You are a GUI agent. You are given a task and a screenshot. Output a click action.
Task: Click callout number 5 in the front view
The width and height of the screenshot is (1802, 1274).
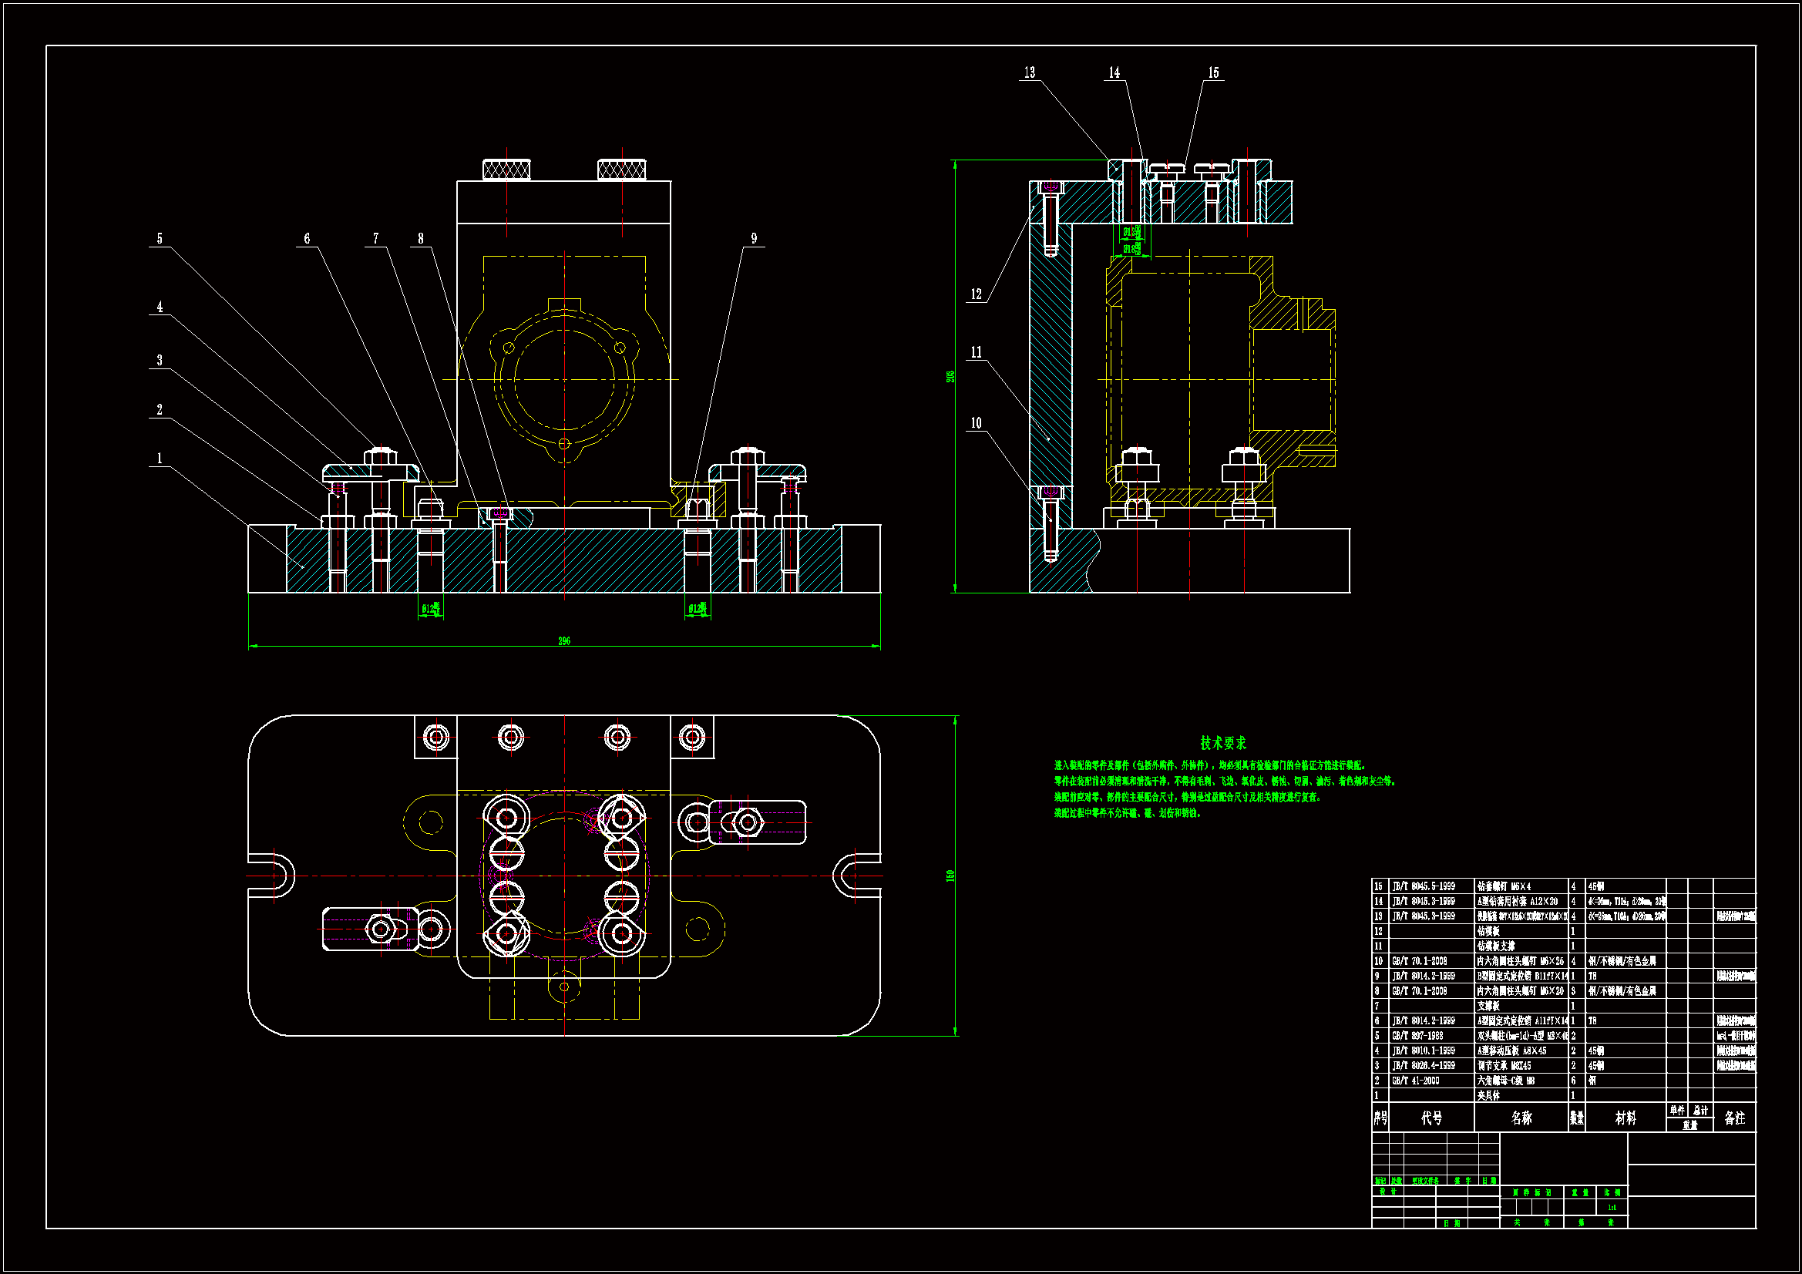tap(160, 239)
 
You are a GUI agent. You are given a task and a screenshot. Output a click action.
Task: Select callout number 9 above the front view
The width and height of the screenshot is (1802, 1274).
tap(754, 239)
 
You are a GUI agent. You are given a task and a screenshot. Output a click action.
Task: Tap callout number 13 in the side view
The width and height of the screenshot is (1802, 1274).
tap(1029, 73)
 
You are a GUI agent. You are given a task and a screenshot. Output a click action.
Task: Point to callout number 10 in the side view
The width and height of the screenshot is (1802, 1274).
tap(976, 423)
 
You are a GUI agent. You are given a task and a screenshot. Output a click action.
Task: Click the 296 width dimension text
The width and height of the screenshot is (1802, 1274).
tap(563, 641)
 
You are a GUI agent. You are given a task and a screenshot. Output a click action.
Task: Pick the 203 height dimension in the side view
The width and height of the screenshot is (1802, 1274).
tap(950, 377)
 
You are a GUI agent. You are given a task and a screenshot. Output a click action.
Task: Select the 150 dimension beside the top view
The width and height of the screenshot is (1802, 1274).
tap(950, 876)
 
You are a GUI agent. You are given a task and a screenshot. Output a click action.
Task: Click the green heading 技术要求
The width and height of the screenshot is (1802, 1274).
tap(1222, 742)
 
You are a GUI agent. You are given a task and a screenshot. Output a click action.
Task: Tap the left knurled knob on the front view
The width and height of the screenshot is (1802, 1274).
tap(506, 169)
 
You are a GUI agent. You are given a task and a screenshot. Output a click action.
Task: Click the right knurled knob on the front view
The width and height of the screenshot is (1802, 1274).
tap(621, 169)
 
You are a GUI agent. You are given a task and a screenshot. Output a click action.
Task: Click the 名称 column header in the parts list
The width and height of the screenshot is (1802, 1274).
tap(1521, 1118)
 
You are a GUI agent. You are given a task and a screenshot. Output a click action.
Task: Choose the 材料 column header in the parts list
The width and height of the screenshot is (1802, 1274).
tap(1625, 1118)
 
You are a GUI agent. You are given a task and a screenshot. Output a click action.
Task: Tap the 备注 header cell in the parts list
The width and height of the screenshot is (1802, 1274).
tap(1734, 1118)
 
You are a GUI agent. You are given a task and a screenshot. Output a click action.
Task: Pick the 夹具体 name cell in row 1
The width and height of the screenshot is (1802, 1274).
tap(1488, 1096)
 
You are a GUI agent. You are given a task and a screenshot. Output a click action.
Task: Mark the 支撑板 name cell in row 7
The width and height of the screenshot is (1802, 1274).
tap(1488, 1007)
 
